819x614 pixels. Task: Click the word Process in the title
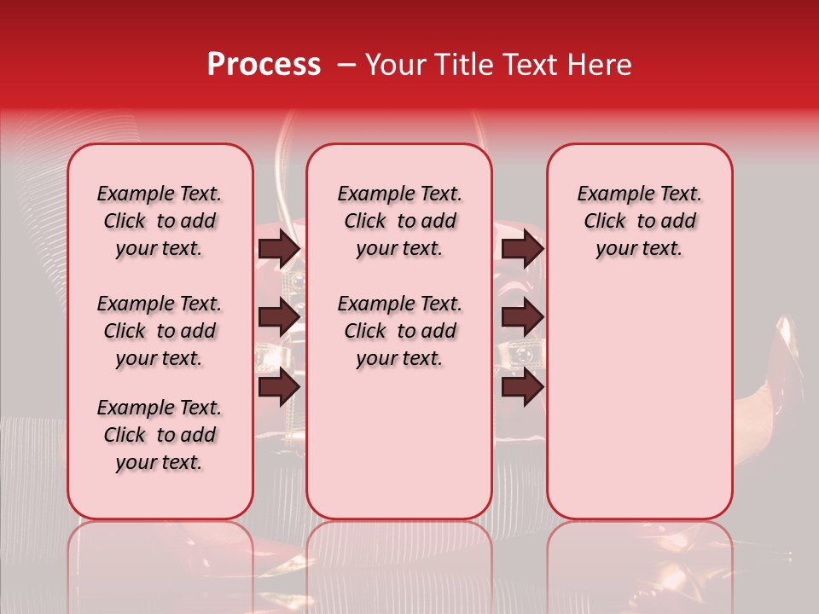[x=263, y=65]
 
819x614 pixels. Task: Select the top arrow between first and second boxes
[x=279, y=248]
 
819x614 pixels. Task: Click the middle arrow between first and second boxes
[x=279, y=317]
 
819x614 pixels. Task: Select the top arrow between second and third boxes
[x=522, y=248]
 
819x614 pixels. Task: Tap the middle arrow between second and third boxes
[x=522, y=317]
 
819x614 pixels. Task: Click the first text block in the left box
[x=160, y=221]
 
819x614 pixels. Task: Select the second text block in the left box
[x=160, y=331]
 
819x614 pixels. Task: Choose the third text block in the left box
[x=160, y=435]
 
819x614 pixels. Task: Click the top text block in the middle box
[x=399, y=221]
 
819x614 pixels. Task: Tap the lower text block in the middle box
[x=399, y=331]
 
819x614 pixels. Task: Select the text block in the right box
[x=640, y=221]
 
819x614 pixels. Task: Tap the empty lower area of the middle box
[x=399, y=452]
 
